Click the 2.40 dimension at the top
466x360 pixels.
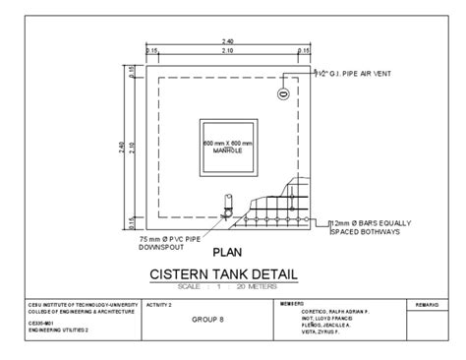point(227,40)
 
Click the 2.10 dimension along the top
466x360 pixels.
point(227,51)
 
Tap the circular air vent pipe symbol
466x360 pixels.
point(283,93)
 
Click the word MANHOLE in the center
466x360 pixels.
point(227,150)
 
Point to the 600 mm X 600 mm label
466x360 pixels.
point(227,144)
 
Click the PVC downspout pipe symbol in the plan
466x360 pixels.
point(225,205)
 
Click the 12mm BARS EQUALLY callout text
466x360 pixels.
point(366,223)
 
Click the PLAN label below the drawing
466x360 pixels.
point(227,252)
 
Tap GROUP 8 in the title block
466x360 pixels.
point(207,320)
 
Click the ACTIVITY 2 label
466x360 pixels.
point(158,306)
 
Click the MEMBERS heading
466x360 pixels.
point(292,304)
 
